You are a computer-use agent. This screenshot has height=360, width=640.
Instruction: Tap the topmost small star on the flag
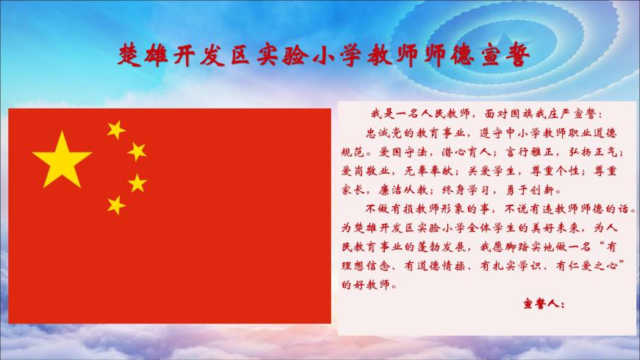click(x=116, y=130)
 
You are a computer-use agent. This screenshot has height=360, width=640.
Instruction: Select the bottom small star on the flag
click(x=116, y=205)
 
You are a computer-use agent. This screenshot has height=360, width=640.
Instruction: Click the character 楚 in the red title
click(x=130, y=54)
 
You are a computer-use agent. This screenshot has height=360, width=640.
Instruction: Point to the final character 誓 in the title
click(x=518, y=54)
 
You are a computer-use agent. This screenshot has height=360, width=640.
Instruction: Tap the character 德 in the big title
click(x=462, y=54)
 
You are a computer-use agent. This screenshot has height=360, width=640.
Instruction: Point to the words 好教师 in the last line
click(x=372, y=285)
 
